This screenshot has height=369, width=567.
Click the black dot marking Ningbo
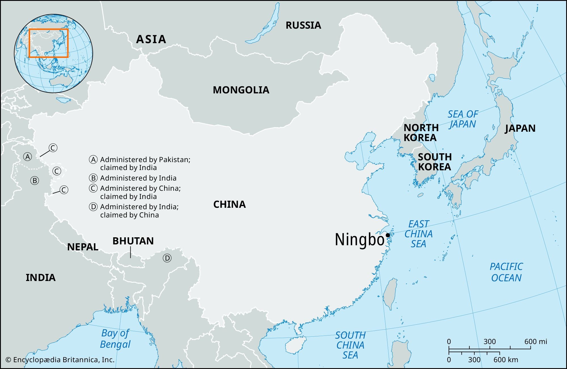[388, 235]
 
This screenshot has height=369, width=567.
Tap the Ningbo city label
[359, 240]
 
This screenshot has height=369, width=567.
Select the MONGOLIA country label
[241, 90]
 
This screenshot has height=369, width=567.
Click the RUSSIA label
[303, 26]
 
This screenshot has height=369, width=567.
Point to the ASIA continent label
[151, 39]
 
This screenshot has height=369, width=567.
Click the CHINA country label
[229, 204]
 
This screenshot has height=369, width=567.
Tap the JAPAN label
[520, 128]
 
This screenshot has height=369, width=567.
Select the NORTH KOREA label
[421, 133]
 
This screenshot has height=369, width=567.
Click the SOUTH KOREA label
[434, 162]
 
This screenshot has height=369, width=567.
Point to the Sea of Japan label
[463, 119]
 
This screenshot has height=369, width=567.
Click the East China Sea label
[418, 234]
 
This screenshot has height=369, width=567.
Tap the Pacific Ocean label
[506, 272]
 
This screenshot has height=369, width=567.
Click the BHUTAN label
[133, 241]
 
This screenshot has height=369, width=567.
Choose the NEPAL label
[82, 247]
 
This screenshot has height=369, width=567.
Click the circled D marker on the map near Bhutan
[167, 258]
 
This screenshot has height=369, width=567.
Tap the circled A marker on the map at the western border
[27, 156]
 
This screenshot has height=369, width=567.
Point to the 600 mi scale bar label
[535, 341]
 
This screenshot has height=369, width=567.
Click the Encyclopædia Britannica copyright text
[60, 360]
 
